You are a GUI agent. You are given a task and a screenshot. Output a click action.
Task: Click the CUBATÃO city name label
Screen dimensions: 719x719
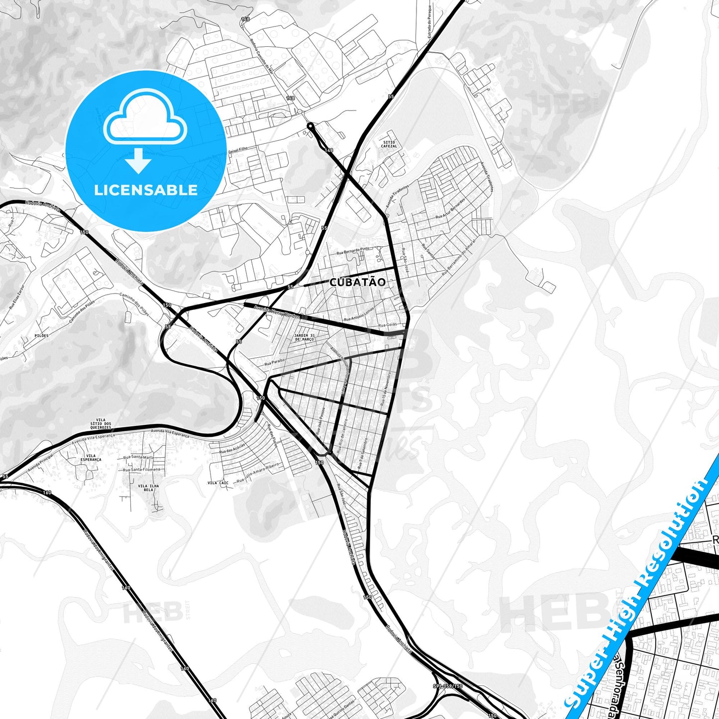(x=357, y=282)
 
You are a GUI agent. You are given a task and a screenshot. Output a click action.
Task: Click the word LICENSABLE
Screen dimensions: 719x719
(x=146, y=190)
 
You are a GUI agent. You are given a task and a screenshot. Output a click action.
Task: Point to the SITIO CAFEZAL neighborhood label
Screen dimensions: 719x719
(x=389, y=144)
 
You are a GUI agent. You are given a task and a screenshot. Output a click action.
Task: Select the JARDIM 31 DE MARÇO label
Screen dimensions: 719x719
(x=305, y=337)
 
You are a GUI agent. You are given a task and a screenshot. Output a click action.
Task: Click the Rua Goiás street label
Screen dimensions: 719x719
(x=388, y=324)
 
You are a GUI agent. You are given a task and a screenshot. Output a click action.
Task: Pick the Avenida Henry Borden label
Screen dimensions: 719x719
(x=277, y=312)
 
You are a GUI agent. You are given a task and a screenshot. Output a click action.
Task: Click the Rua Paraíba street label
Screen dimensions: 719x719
(x=274, y=361)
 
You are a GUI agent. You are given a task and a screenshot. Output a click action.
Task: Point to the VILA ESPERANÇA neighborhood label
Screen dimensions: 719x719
(x=91, y=458)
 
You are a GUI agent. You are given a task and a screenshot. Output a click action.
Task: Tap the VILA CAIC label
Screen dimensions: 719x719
(x=218, y=483)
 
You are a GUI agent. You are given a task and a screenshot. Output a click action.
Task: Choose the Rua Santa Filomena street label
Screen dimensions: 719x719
(x=142, y=469)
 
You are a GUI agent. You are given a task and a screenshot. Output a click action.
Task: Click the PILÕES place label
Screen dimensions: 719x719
(x=42, y=336)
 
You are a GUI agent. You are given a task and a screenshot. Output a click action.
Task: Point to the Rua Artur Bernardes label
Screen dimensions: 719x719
(x=450, y=209)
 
